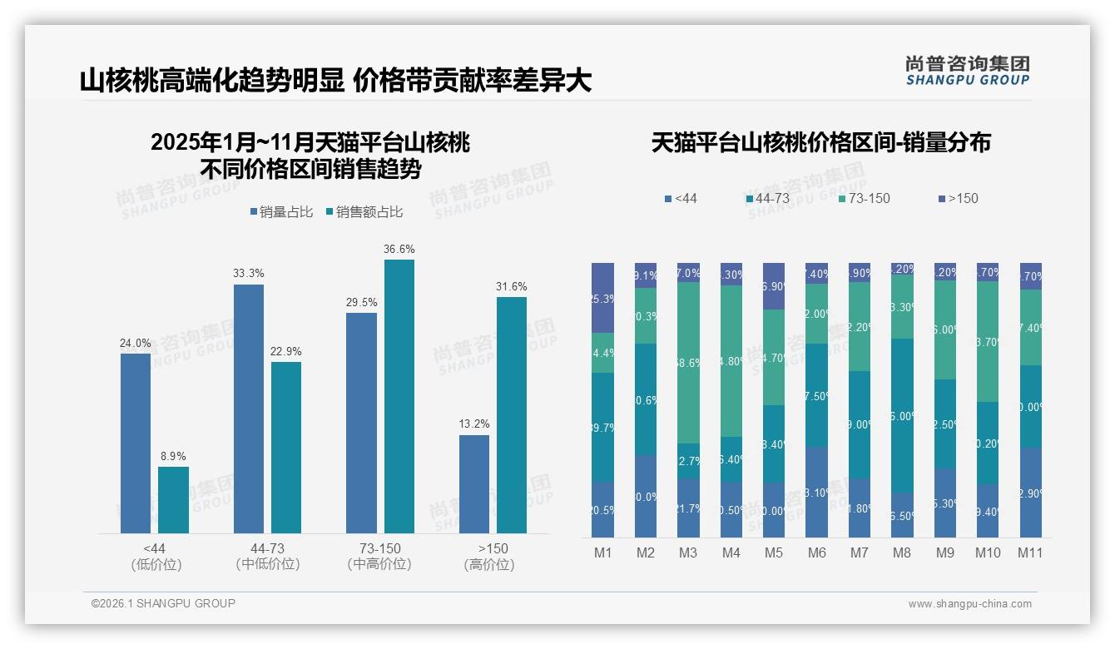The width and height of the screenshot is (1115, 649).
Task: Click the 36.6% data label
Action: point(399,250)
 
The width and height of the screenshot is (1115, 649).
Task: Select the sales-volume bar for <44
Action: point(136,443)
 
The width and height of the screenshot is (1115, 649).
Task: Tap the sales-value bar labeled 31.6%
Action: point(512,414)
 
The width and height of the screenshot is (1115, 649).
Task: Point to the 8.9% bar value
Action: point(173,457)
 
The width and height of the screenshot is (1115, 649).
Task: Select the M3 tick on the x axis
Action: point(688,553)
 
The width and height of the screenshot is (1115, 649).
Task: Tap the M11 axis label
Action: point(1030,553)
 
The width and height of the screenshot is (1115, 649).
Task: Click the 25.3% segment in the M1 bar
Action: point(602,298)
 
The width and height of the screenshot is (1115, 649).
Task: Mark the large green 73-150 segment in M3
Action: point(688,363)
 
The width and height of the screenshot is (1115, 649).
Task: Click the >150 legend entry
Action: point(958,199)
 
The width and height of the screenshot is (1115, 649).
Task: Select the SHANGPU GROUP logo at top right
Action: point(967,71)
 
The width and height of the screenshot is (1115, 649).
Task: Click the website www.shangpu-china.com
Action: point(969,604)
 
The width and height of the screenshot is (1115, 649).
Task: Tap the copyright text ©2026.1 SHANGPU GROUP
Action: point(163,603)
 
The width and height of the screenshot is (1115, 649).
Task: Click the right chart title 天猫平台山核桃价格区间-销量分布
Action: point(820,143)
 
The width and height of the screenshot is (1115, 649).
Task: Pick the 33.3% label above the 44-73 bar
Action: point(249,273)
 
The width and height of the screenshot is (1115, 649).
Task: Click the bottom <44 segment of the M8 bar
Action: point(902,515)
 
